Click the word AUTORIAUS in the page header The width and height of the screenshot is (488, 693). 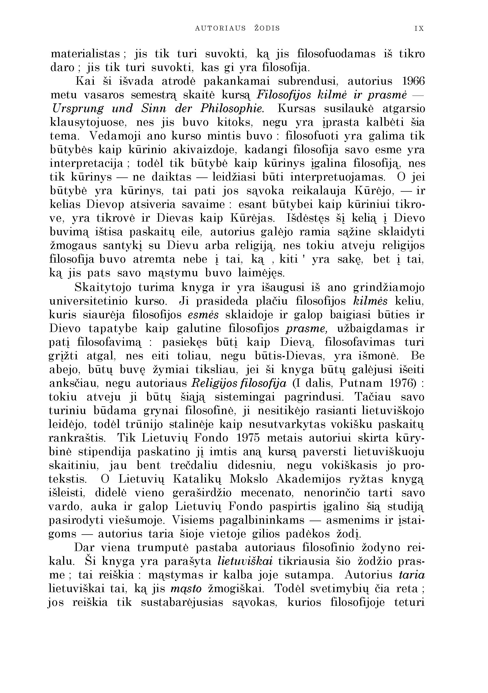[220, 29]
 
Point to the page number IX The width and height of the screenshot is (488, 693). [420, 29]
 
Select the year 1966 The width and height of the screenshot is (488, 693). [413, 81]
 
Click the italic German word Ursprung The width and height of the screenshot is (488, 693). [78, 109]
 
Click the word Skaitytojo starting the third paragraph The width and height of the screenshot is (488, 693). [103, 287]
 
